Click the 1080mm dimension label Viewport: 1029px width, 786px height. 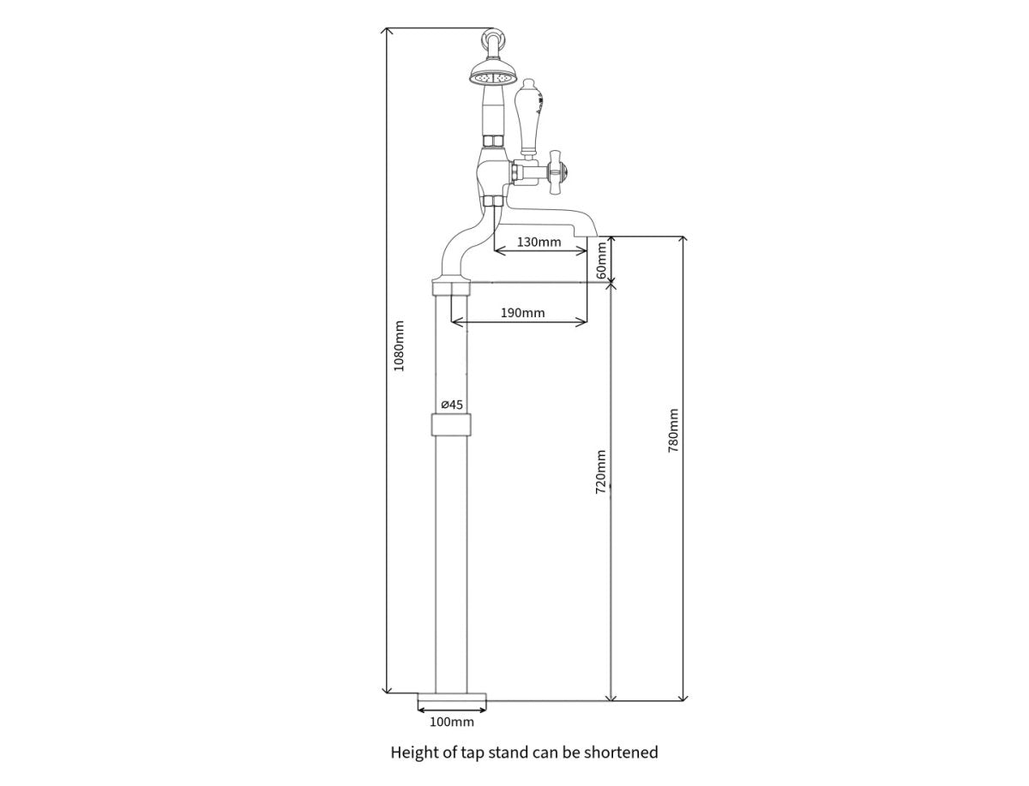point(399,345)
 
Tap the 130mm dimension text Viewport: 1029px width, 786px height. point(539,243)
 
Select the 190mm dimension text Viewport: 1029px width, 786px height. point(522,313)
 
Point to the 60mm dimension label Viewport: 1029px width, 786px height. point(601,260)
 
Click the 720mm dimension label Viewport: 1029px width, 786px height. point(600,471)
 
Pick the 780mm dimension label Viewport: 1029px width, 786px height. point(673,430)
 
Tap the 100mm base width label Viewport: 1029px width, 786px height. point(451,722)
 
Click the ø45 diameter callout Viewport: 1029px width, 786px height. point(452,405)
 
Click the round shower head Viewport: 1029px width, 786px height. point(493,76)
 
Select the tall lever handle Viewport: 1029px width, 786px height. point(529,118)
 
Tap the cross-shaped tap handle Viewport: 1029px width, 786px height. point(557,172)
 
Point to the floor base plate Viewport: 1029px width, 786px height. point(451,701)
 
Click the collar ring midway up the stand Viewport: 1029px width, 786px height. point(451,424)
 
